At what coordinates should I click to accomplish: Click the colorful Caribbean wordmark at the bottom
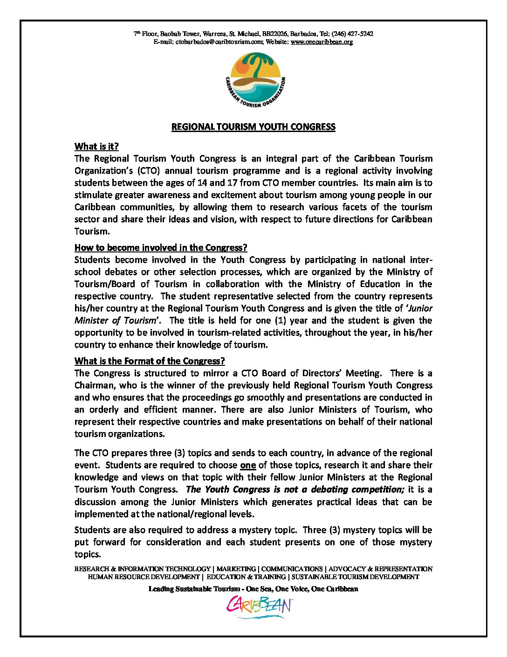259,607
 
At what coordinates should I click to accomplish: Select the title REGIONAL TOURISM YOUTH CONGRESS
253,127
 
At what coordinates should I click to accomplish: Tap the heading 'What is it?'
96,147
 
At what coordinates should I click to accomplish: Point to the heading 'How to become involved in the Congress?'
161,248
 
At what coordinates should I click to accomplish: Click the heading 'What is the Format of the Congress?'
150,361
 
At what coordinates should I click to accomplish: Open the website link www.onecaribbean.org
322,42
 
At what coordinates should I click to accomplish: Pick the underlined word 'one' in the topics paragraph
248,465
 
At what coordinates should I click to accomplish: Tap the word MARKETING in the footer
236,569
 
